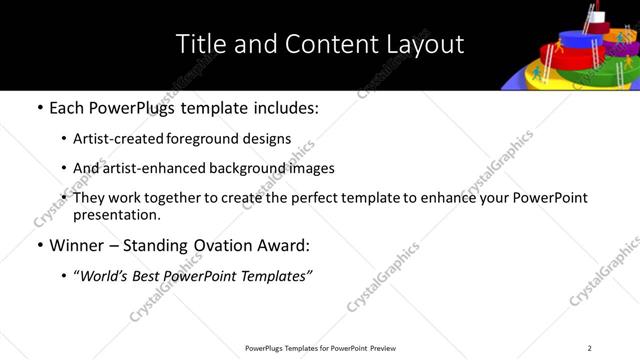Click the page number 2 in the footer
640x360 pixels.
pos(589,348)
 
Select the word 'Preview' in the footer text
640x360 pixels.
pos(385,348)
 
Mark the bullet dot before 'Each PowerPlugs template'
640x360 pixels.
pos(39,108)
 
